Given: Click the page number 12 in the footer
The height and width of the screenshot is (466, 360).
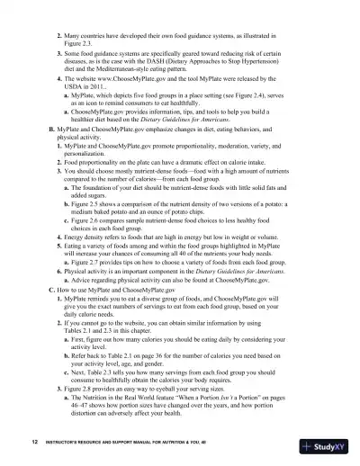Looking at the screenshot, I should (33, 444).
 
